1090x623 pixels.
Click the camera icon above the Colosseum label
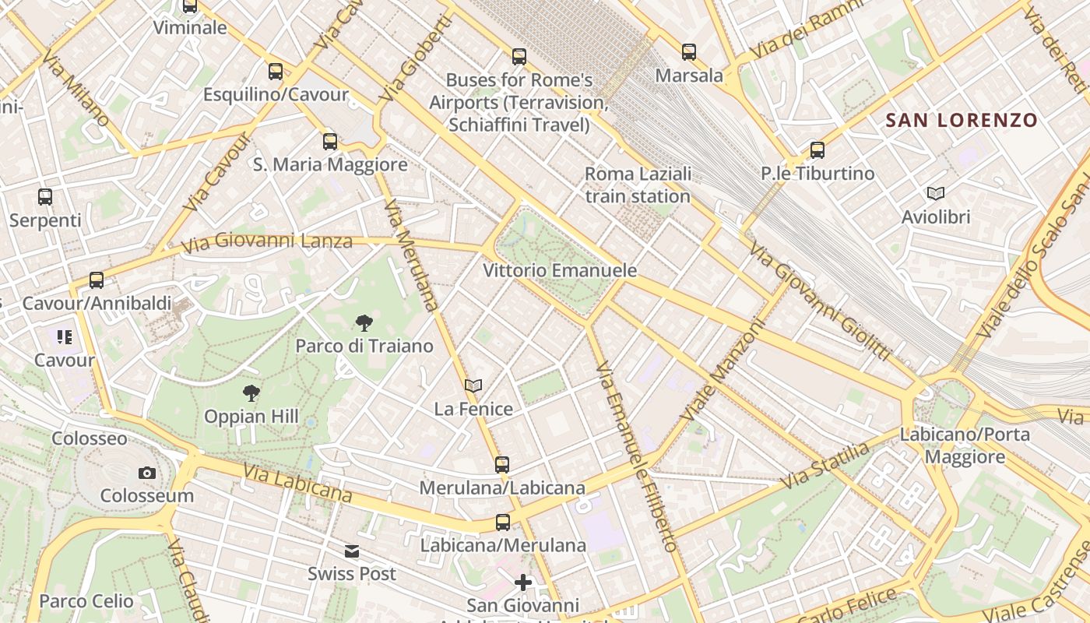146,473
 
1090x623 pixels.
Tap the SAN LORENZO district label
962,120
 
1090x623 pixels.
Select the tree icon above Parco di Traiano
364,323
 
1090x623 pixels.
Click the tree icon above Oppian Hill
251,393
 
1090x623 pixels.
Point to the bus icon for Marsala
689,52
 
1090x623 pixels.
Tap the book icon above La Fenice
473,385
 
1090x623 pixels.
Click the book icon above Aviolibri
935,193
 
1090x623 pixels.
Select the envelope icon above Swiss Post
352,551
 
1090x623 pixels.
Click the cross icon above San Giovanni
523,582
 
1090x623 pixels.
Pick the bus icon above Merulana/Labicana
502,465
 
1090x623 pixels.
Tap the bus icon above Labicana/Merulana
503,523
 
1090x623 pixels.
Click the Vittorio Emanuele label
560,271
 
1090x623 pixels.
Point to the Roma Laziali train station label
638,185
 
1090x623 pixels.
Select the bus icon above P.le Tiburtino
817,150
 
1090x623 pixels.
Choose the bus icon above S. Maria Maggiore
330,142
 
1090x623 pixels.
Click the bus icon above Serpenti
45,197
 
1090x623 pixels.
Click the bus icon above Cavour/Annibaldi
97,280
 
